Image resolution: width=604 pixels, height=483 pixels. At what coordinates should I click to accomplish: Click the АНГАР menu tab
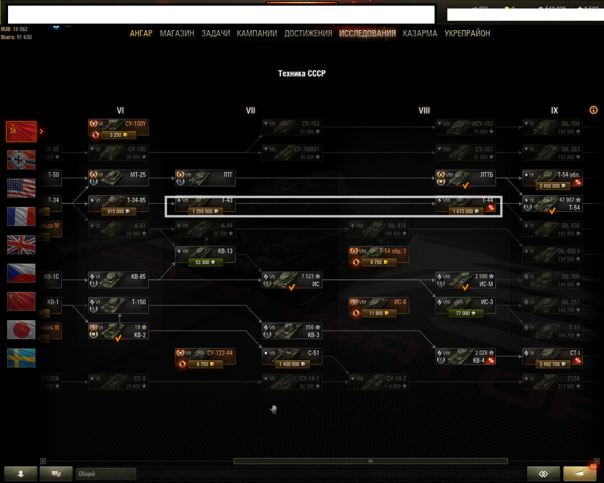click(x=141, y=34)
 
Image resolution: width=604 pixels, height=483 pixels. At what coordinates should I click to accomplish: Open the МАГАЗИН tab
click(x=177, y=34)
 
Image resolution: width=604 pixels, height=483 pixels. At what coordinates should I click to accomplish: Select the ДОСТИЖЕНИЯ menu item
click(x=308, y=34)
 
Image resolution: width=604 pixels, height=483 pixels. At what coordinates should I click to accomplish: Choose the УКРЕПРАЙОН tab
click(x=467, y=34)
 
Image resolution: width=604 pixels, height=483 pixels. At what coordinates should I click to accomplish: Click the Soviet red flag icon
click(x=21, y=131)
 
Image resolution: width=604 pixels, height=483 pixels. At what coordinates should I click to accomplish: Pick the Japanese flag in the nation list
click(x=21, y=330)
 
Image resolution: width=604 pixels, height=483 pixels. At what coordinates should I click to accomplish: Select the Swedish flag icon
click(x=21, y=358)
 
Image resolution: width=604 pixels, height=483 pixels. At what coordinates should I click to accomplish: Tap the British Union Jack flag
click(x=21, y=245)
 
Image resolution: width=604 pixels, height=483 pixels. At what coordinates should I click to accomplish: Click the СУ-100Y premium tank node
click(x=119, y=127)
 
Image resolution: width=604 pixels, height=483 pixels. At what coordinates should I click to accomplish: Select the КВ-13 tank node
click(x=205, y=255)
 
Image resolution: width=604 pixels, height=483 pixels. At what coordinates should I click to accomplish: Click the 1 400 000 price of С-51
click(x=291, y=364)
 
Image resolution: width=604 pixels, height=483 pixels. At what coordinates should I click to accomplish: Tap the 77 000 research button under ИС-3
click(x=466, y=313)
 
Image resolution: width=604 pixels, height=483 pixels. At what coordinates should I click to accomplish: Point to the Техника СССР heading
click(x=302, y=73)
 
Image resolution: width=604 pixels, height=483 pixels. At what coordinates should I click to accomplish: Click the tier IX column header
click(x=554, y=111)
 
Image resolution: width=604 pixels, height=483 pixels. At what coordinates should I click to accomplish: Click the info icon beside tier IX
click(x=593, y=110)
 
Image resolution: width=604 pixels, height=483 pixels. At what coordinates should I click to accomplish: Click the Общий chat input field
click(x=106, y=474)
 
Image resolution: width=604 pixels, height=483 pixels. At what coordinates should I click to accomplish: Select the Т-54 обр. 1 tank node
click(x=379, y=255)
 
